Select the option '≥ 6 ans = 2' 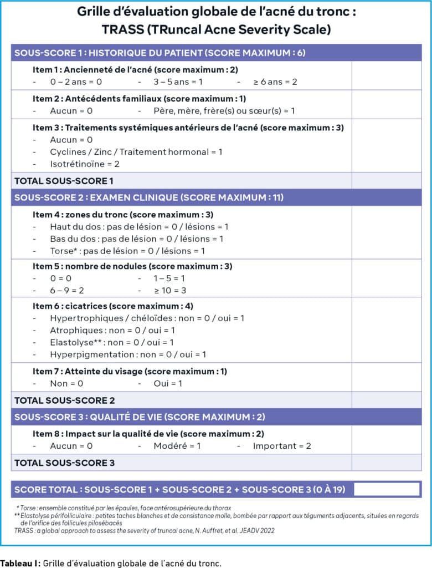(275, 82)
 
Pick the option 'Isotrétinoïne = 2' (84, 164)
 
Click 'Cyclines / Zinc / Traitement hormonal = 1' (136, 151)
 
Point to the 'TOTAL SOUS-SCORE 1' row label (64, 180)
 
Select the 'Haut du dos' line (138, 226)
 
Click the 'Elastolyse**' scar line (111, 342)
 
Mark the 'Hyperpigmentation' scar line (127, 354)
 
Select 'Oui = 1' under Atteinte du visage (168, 383)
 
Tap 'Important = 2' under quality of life (282, 445)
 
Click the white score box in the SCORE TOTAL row (386, 489)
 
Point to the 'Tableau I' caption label (19, 563)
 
